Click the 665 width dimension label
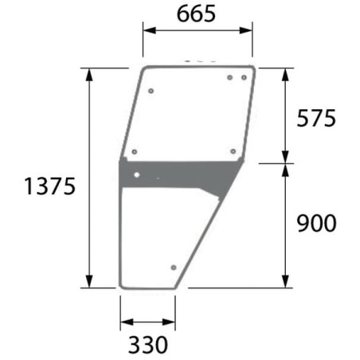point(196,14)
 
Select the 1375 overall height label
point(50,186)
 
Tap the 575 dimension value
point(316,119)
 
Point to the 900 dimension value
point(316,223)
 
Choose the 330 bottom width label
point(148,345)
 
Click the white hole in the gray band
point(137,174)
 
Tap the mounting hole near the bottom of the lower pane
point(174,268)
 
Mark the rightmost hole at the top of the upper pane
point(244,77)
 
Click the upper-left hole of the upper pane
point(151,91)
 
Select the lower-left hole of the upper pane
point(135,152)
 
